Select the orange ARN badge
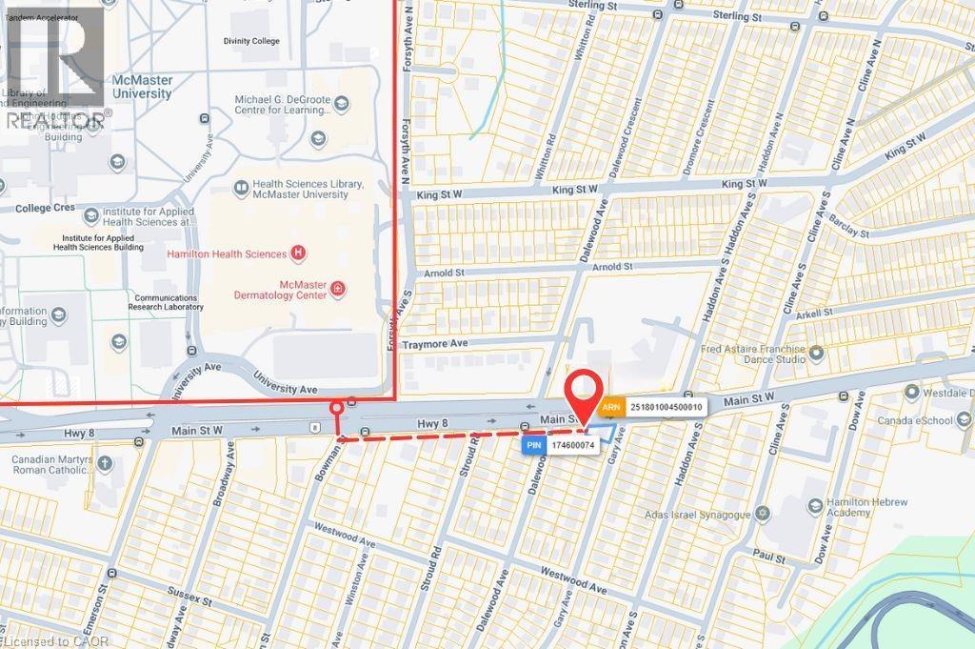[x=612, y=407]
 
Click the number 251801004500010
[x=666, y=407]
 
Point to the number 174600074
[x=572, y=444]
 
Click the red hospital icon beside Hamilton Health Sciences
[x=299, y=254]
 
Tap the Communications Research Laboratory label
[x=166, y=302]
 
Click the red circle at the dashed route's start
[x=336, y=409]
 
